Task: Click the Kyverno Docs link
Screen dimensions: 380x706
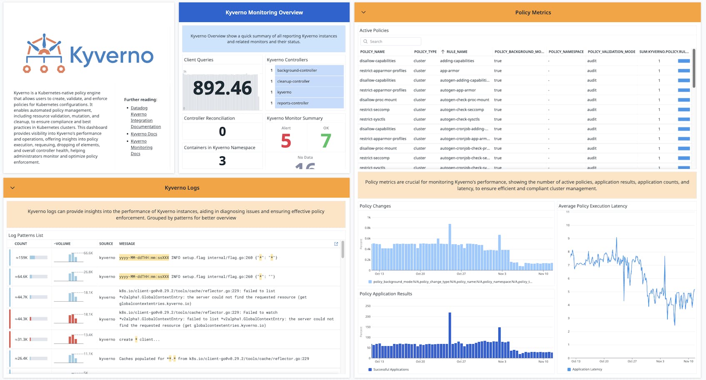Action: [x=144, y=134]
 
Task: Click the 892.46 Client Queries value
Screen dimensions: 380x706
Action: [x=222, y=88]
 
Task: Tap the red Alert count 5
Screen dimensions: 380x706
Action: [x=286, y=141]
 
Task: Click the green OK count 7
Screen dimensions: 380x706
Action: [x=326, y=141]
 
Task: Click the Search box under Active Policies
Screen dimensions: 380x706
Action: [x=391, y=42]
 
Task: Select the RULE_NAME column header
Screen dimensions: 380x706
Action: [x=457, y=52]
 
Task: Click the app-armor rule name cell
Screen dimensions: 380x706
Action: [x=450, y=71]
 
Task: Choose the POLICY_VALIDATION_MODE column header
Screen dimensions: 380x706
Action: [x=611, y=52]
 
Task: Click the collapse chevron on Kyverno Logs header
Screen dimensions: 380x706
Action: [x=13, y=188]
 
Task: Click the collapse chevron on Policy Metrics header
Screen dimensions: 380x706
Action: [x=363, y=12]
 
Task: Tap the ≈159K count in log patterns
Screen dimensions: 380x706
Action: [x=22, y=258]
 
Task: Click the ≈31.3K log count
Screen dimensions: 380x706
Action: [x=22, y=340]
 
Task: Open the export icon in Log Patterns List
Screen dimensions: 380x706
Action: [x=336, y=244]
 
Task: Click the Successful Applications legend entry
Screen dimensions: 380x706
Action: [x=391, y=370]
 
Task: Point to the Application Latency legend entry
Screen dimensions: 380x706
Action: [x=586, y=370]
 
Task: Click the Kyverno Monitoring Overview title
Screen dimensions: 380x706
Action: [x=264, y=12]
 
